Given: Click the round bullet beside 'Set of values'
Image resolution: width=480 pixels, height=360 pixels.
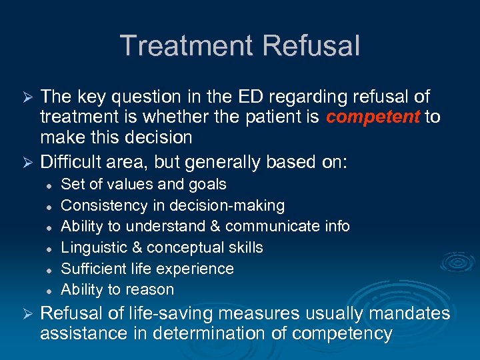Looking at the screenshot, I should pos(49,185).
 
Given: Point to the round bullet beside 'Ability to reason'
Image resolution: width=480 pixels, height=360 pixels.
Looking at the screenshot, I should pos(49,290).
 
